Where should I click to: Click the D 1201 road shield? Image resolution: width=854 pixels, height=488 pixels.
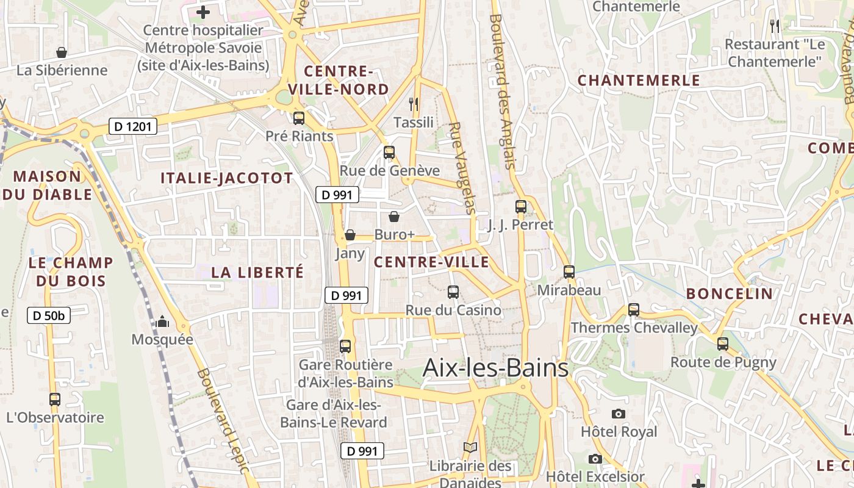click(133, 126)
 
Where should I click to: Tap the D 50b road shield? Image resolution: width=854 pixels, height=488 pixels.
click(49, 315)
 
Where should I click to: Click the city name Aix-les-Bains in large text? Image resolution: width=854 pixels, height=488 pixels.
click(495, 368)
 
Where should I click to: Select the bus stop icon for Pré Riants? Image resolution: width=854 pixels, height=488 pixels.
click(299, 118)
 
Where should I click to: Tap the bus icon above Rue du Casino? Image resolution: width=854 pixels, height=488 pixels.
click(453, 292)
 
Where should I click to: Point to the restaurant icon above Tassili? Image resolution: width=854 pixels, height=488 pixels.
click(414, 104)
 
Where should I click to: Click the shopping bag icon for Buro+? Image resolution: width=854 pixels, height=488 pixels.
click(394, 217)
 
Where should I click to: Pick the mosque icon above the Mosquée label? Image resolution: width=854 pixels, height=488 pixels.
click(162, 321)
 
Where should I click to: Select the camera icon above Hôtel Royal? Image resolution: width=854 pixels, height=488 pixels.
click(619, 414)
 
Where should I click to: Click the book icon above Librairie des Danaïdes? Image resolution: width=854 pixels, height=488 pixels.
click(470, 448)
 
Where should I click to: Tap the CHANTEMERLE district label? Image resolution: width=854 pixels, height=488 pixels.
click(639, 81)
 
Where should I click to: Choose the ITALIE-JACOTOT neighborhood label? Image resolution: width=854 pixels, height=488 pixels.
click(226, 178)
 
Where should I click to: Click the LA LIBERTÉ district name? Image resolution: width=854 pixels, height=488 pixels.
click(257, 273)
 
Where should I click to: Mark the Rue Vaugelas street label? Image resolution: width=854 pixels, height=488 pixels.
click(462, 168)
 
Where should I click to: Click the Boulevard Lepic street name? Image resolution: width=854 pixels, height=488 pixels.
click(223, 421)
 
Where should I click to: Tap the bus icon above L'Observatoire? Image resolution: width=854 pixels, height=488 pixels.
click(55, 400)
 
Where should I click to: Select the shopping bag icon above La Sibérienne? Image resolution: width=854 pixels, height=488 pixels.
click(62, 52)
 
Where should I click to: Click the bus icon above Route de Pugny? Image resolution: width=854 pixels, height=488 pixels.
click(723, 344)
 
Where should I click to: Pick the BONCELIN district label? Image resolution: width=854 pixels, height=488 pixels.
click(730, 293)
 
